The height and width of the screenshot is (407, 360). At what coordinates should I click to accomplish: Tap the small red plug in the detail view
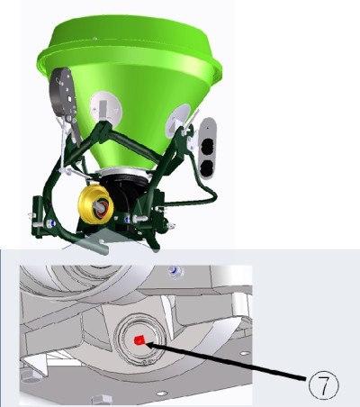[x=139, y=340]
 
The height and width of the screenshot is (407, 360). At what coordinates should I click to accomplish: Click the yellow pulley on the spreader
[x=95, y=204]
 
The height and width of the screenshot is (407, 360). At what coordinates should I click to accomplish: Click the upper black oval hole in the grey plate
[x=207, y=147]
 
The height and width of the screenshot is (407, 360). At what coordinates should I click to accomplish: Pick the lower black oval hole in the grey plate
[x=207, y=168]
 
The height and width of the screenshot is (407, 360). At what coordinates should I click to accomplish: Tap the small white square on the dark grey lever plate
[x=69, y=98]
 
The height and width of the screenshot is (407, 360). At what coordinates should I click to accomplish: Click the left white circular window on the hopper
[x=106, y=107]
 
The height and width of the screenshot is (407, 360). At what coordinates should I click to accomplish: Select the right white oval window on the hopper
[x=178, y=119]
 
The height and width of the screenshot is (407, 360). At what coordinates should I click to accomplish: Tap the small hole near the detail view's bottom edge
[x=161, y=393]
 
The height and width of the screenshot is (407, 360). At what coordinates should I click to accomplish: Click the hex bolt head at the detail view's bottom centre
[x=102, y=400]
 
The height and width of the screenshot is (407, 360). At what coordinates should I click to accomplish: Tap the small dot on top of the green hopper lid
[x=95, y=39]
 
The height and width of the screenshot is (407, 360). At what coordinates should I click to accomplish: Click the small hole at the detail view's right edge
[x=245, y=353]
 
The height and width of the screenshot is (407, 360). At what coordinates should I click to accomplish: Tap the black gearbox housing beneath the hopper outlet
[x=126, y=195]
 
